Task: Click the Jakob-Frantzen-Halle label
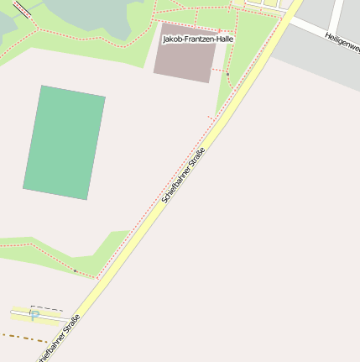[x=197, y=39]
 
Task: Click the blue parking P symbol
[x=34, y=314]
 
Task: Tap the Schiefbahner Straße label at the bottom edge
[x=59, y=339]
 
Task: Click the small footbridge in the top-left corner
[x=21, y=9]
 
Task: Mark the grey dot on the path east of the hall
[x=227, y=74]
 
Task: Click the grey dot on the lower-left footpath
[x=75, y=270]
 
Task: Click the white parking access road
[x=50, y=316]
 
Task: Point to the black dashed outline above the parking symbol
[x=46, y=307]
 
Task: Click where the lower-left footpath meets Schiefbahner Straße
[x=98, y=278]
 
